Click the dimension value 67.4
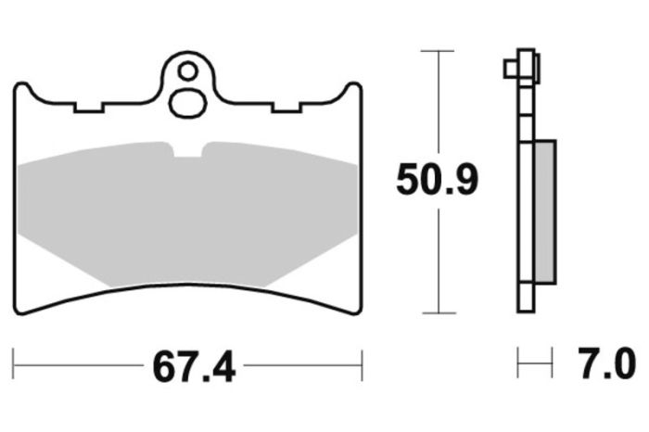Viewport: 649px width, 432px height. click(x=189, y=368)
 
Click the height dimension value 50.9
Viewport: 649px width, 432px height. click(x=437, y=179)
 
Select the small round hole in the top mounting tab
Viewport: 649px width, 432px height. click(x=188, y=70)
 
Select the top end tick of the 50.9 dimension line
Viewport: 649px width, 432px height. click(x=437, y=51)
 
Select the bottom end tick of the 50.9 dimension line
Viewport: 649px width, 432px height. click(x=437, y=313)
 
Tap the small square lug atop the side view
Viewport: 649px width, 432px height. click(x=510, y=70)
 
